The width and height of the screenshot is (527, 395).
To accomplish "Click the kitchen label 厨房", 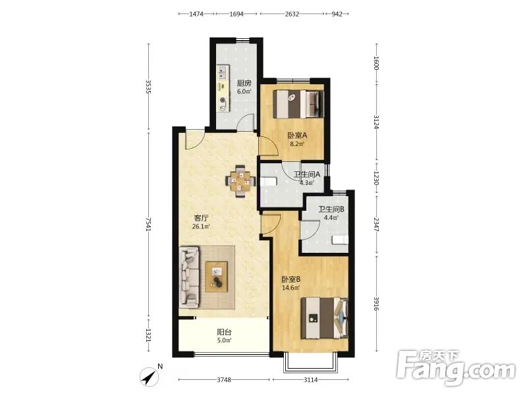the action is point(244,83).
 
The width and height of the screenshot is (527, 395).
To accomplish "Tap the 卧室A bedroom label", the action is point(297,136).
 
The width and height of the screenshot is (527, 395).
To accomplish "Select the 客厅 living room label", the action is point(201,218).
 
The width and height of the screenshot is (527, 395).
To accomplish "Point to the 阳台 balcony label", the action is point(224,332).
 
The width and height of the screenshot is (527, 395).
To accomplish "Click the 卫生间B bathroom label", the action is point(331,209).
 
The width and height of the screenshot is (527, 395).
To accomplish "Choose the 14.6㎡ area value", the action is point(291,288).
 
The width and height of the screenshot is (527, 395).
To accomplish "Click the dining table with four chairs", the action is point(238,182).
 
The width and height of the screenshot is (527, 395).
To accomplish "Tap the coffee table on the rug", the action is point(216,276).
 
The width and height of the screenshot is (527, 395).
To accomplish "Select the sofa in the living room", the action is point(190,276).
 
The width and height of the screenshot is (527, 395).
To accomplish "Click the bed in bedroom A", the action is point(298,104).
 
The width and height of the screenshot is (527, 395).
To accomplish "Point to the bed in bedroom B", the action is point(324,318).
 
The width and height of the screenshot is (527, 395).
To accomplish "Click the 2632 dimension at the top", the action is point(292,14).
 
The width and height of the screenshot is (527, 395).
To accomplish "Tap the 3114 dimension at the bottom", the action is point(310,380).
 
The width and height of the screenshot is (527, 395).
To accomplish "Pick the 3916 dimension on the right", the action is point(376,304).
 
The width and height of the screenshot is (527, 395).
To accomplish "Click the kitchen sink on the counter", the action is point(223,71).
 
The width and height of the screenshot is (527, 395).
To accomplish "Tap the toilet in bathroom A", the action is point(269,182).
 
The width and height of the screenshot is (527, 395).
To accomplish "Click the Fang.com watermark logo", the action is point(455,368).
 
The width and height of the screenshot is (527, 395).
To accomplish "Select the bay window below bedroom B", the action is point(310,363).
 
